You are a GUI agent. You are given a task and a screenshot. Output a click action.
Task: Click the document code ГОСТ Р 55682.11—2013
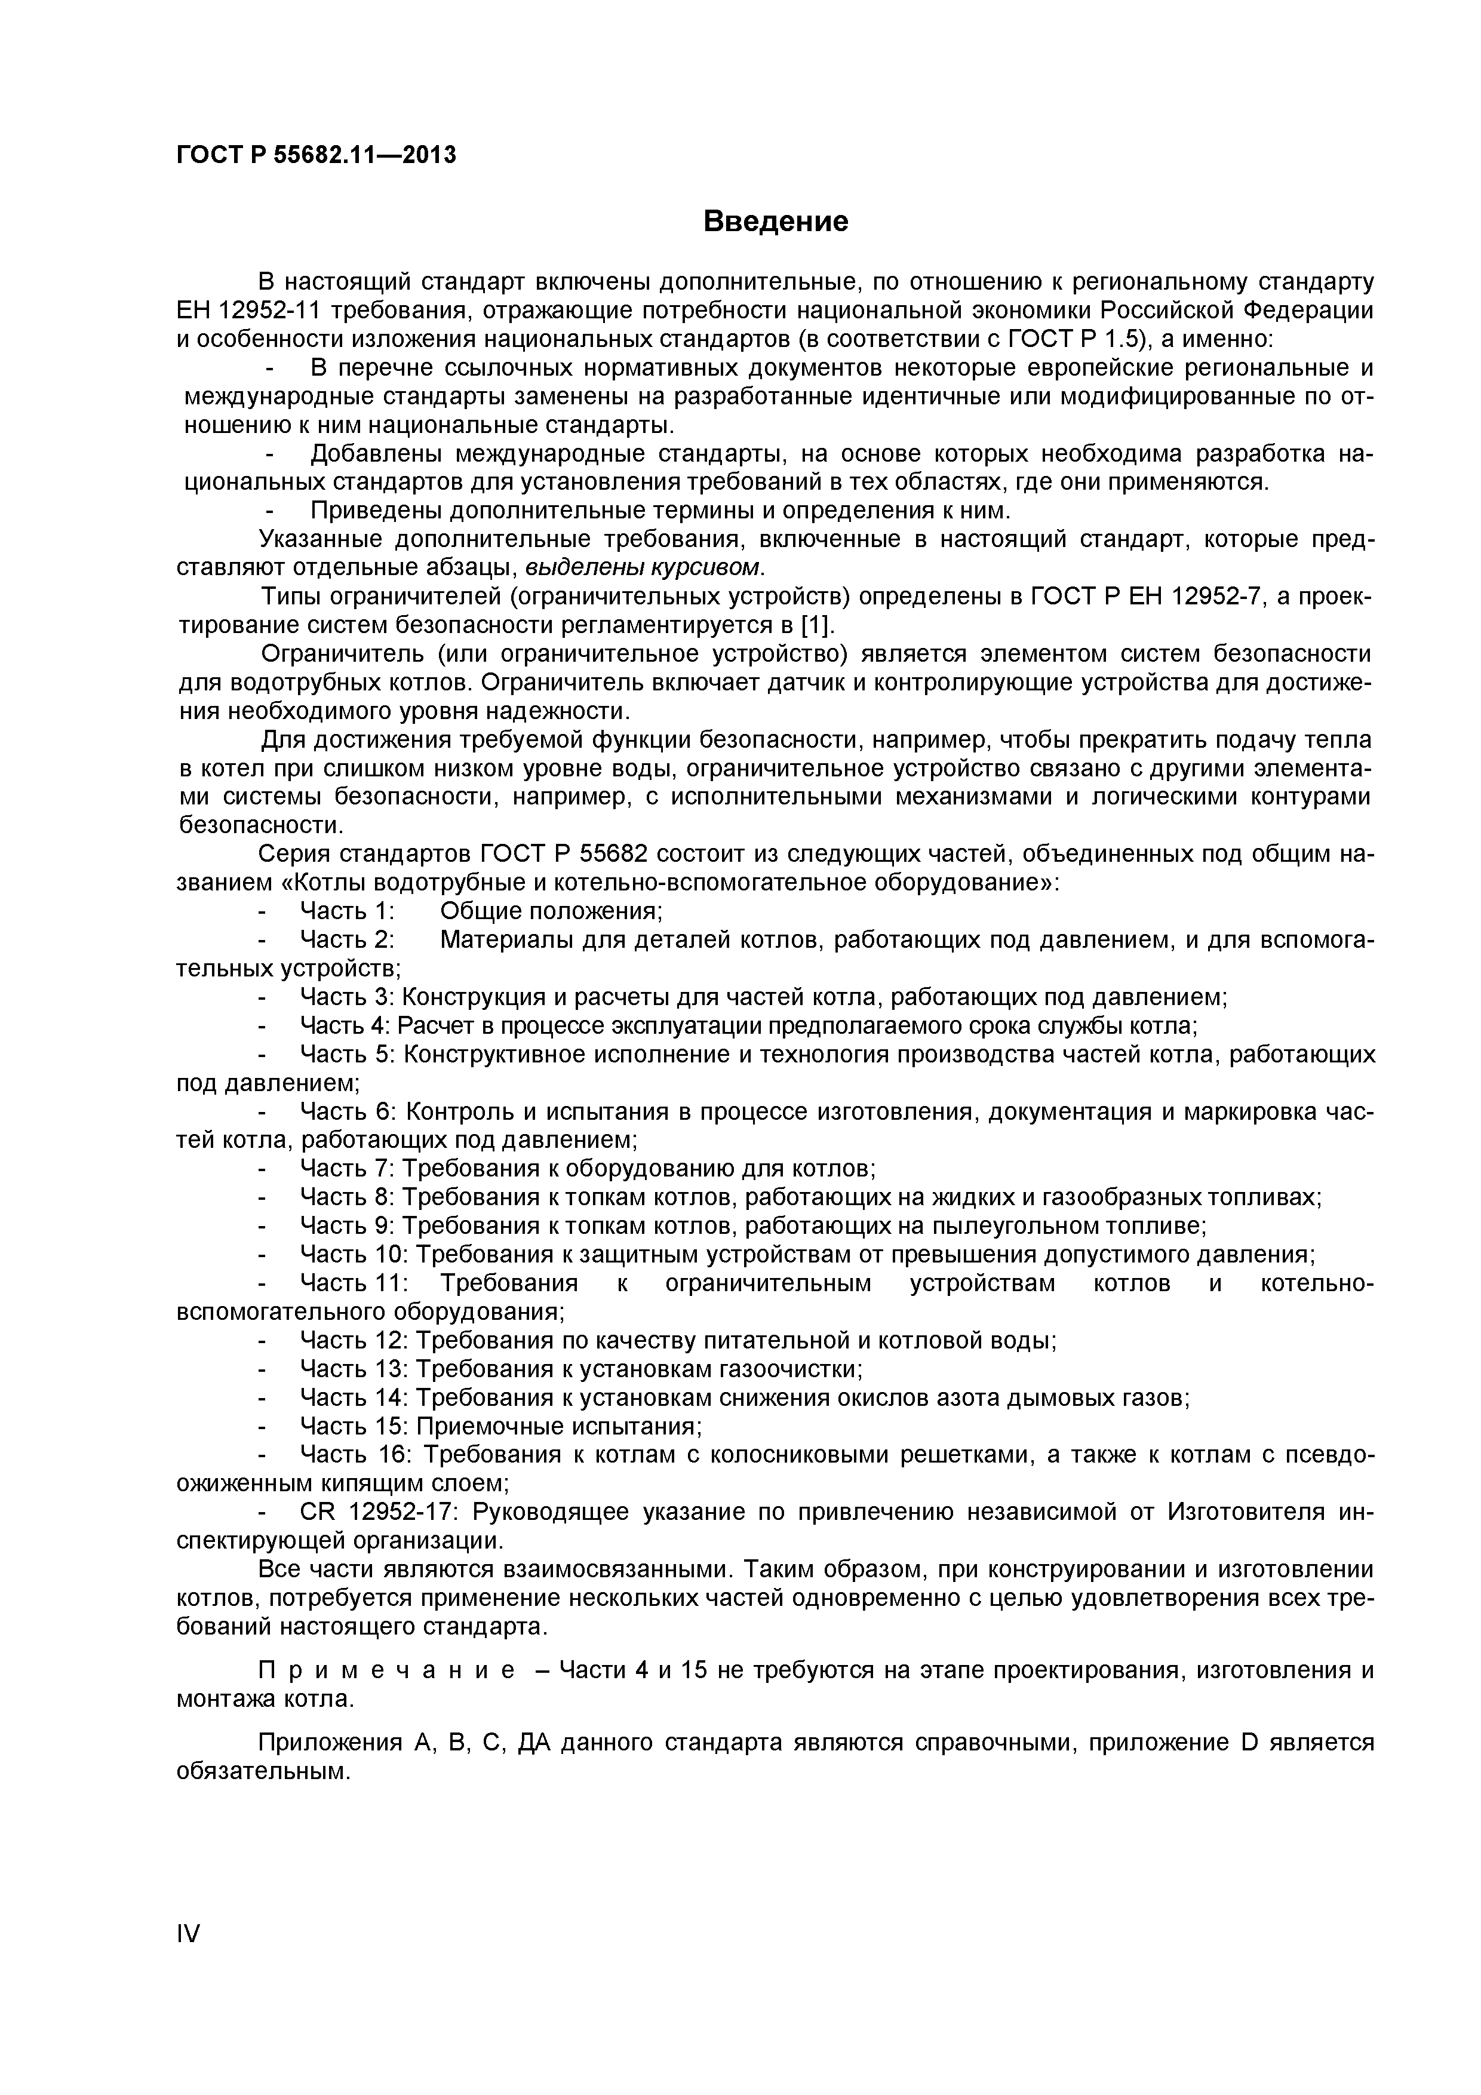click(316, 155)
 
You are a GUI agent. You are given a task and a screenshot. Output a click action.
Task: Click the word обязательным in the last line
click(262, 1771)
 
